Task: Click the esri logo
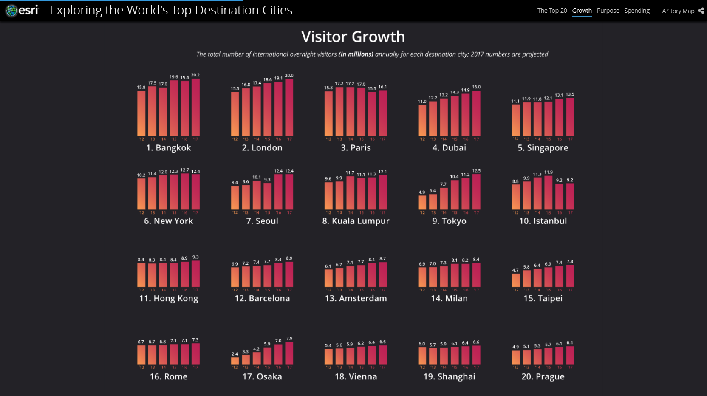(x=22, y=10)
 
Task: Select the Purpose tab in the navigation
(x=608, y=11)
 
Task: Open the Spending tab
(x=636, y=11)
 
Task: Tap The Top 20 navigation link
(x=552, y=11)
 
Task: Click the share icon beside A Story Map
(x=701, y=11)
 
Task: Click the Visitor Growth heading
(x=353, y=37)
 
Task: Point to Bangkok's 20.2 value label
(x=195, y=75)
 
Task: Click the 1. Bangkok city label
(x=168, y=148)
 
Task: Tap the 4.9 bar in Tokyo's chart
(x=422, y=202)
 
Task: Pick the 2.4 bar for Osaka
(x=235, y=361)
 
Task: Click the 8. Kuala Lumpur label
(x=356, y=221)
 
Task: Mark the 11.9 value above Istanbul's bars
(x=549, y=173)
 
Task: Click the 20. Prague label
(x=543, y=376)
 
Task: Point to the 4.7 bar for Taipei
(x=515, y=280)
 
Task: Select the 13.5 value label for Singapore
(x=570, y=94)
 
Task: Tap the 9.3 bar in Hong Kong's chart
(x=195, y=274)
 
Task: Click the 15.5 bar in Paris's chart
(x=372, y=114)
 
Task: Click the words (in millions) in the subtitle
(x=356, y=54)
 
